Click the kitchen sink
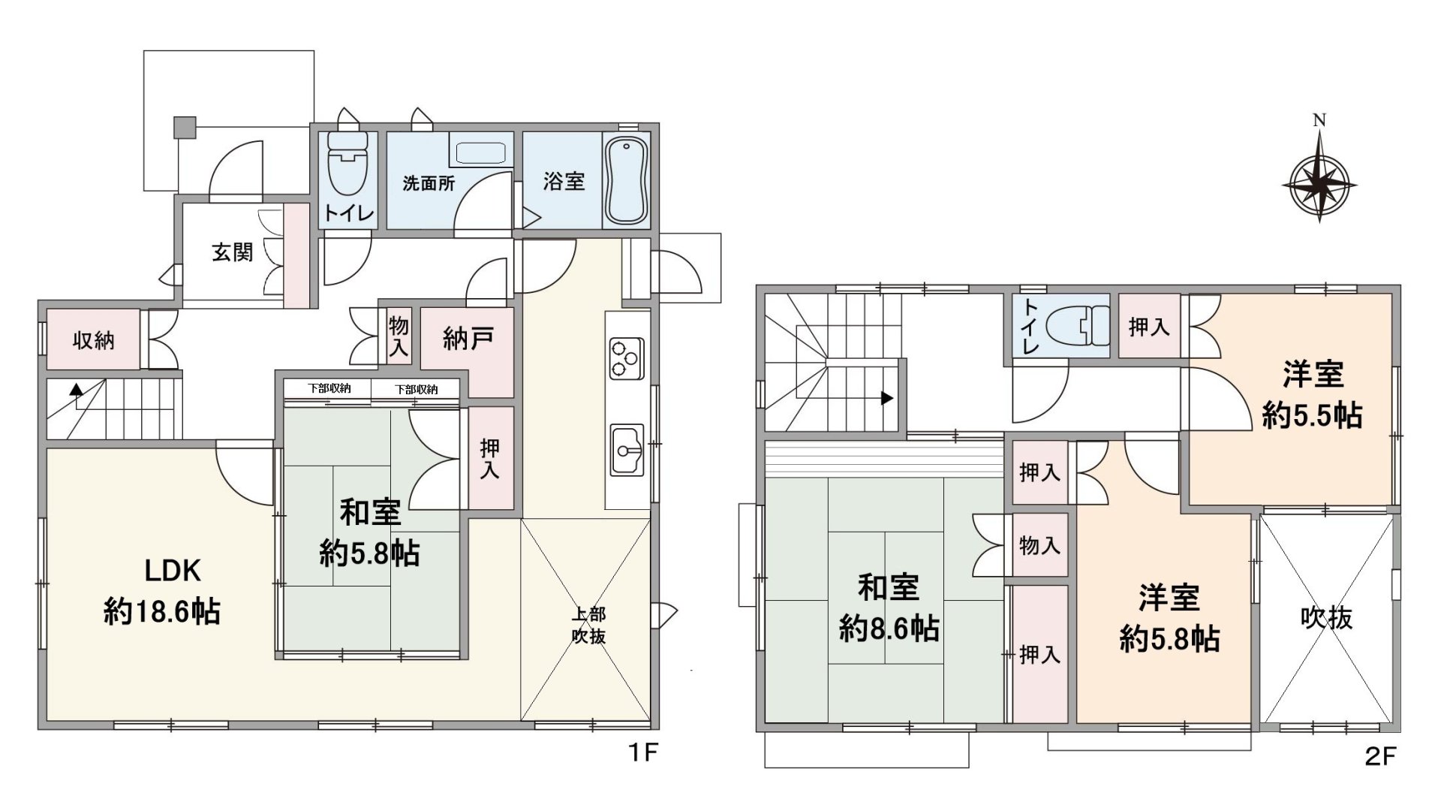coord(627,450)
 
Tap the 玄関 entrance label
coord(233,252)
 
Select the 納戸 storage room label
coord(468,339)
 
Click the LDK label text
coord(173,571)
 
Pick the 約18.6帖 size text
coord(162,612)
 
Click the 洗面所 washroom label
coord(429,182)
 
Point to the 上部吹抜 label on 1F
coord(588,625)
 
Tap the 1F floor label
coord(642,752)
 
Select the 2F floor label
coord(1379,755)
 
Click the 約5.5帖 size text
coord(1312,415)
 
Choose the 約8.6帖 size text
coord(889,629)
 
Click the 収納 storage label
coord(93,341)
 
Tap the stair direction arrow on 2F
coord(887,398)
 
